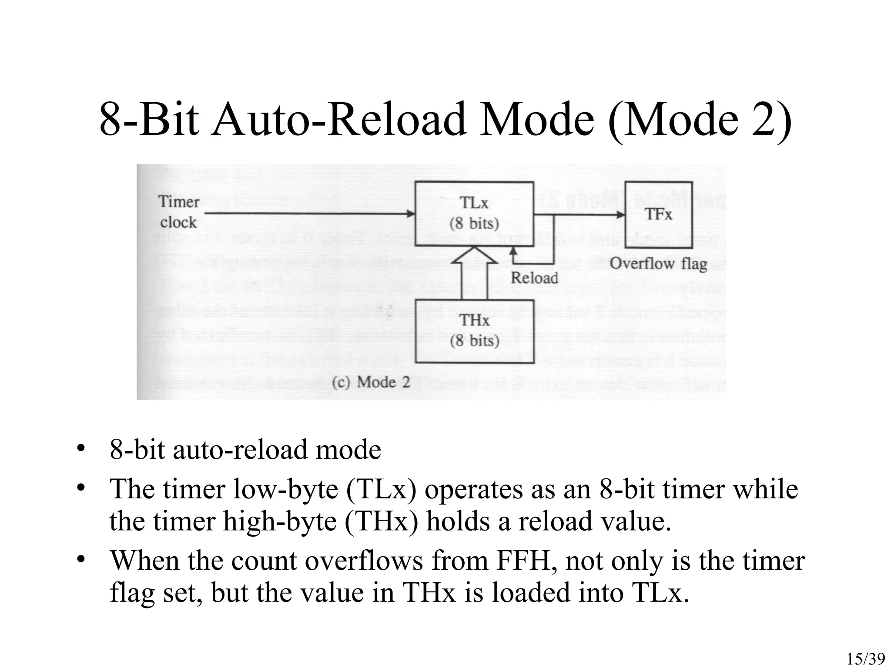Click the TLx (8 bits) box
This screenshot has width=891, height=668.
[x=474, y=213]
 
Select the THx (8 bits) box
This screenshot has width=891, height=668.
[x=474, y=331]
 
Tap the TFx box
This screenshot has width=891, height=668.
[x=658, y=214]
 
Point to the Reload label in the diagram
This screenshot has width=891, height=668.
[x=534, y=278]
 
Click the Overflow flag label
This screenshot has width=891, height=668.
[x=658, y=264]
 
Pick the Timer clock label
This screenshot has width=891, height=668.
[x=178, y=212]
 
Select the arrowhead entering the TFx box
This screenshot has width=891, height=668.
[x=621, y=214]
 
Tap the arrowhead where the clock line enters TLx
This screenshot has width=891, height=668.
[x=411, y=214]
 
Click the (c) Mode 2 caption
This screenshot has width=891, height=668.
[x=371, y=382]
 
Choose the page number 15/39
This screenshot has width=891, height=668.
[x=866, y=659]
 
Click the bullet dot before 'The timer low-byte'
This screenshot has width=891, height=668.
[x=80, y=488]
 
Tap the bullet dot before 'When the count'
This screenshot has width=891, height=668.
[x=80, y=560]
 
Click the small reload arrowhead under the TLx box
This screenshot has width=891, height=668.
[x=513, y=250]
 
